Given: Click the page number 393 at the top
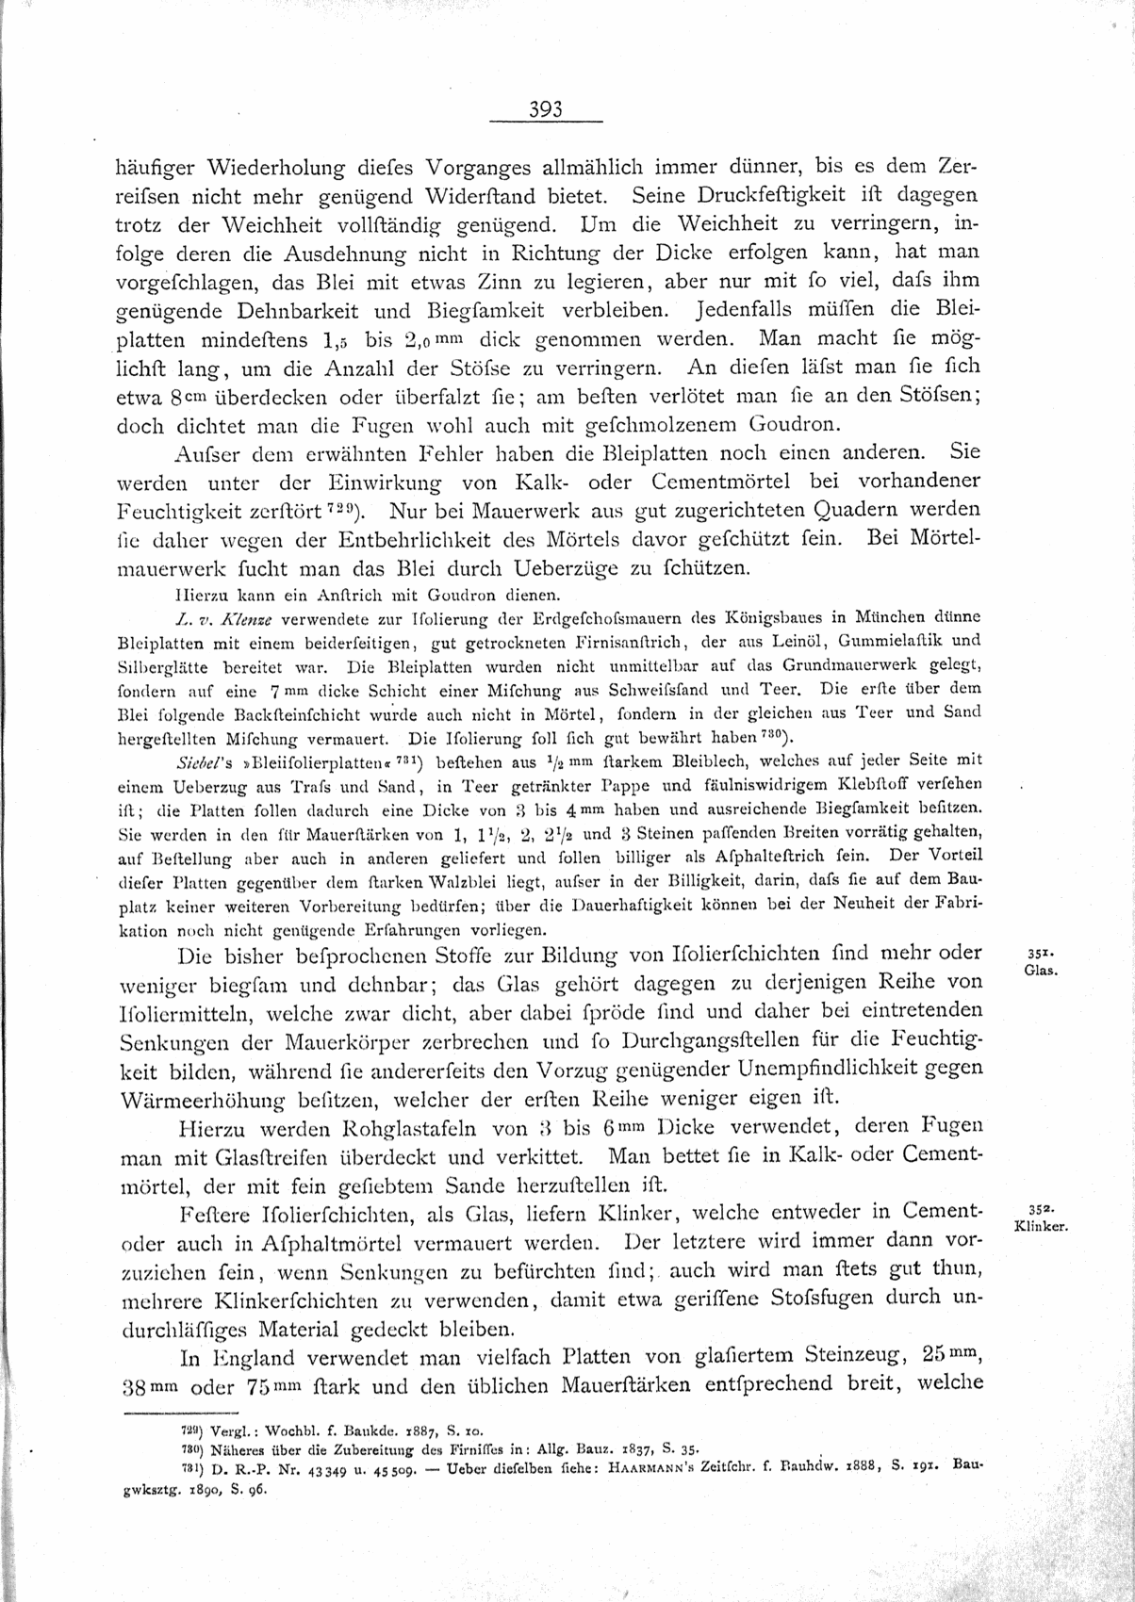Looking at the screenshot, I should (545, 108).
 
